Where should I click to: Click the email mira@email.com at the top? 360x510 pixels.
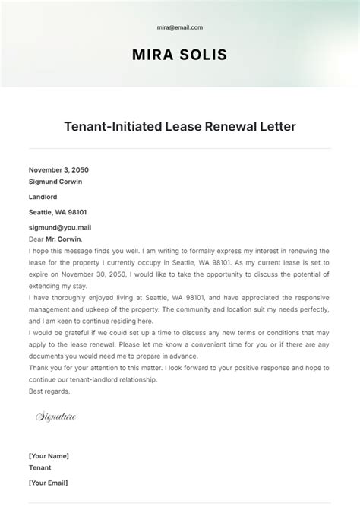(180, 27)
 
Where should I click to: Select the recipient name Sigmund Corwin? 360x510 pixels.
(55, 182)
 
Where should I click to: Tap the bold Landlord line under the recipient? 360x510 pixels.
(43, 197)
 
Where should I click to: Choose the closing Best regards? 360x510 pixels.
(49, 391)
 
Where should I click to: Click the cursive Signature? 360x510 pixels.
(56, 417)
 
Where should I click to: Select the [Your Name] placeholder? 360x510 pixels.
(49, 455)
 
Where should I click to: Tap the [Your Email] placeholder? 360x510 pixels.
(49, 483)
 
